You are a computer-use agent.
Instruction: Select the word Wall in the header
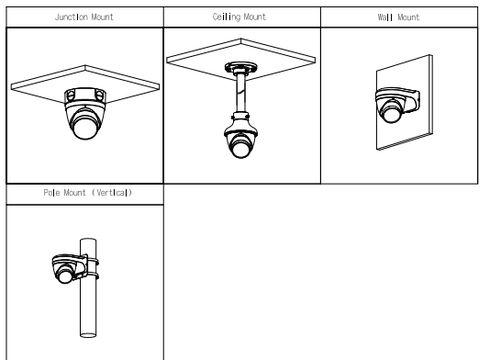tap(385, 17)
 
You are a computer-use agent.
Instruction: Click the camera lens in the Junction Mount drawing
tap(85, 128)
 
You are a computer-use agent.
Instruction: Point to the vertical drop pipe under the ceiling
tap(241, 93)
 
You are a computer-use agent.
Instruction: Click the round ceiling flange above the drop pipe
tap(241, 68)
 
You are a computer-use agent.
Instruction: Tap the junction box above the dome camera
tap(85, 96)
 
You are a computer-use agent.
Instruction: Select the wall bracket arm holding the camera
tap(413, 101)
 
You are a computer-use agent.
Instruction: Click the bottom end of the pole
tap(88, 335)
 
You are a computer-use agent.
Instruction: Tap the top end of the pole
tap(88, 240)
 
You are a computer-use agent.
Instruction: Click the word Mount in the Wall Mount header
tap(408, 17)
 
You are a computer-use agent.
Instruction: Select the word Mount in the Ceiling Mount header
tap(254, 17)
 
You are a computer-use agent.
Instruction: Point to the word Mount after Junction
tap(102, 17)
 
